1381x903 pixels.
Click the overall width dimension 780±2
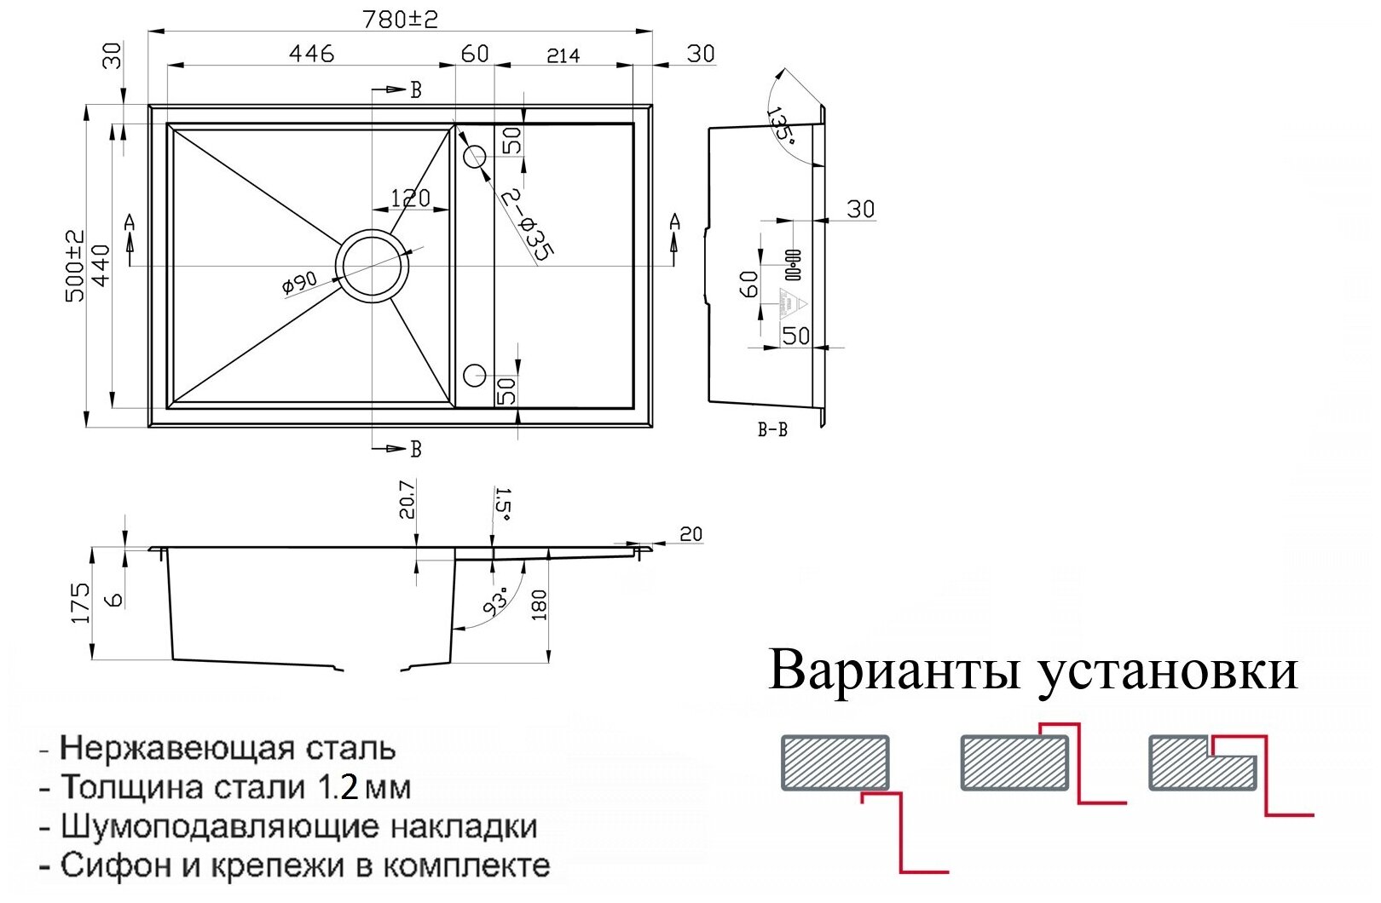click(x=400, y=19)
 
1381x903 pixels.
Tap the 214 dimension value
click(x=563, y=55)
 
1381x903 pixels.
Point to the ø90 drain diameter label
click(x=299, y=282)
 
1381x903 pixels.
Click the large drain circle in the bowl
click(x=372, y=265)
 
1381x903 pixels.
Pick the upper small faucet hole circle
click(x=474, y=156)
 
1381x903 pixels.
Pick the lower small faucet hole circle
click(x=474, y=375)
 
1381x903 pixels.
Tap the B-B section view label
click(x=772, y=430)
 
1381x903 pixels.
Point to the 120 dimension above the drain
click(x=410, y=198)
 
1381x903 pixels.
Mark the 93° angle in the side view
click(x=495, y=601)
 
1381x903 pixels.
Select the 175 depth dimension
click(x=81, y=602)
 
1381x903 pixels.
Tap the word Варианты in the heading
click(x=895, y=670)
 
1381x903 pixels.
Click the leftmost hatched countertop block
click(x=835, y=762)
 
